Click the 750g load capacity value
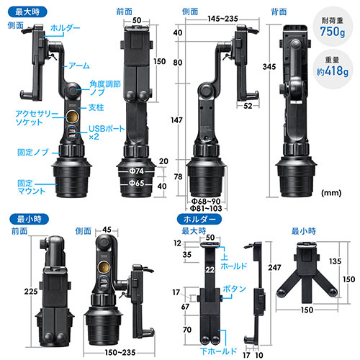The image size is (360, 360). pos(333,32)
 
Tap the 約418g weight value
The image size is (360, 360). pos(333,71)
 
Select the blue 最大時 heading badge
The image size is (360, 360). pos(27,12)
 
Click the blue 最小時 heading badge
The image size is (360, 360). pos(29,219)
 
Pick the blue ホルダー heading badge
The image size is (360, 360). pos(199,219)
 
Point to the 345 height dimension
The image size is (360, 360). pos(269,67)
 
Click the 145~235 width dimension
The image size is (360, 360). pos(222,19)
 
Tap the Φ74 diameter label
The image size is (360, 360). pos(136,171)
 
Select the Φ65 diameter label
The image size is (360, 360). pos(136,184)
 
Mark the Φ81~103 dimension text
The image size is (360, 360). pos(206,208)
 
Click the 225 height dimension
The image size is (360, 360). pos(31,292)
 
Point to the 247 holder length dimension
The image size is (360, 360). pos(274,267)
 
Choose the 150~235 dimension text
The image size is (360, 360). pos(120,353)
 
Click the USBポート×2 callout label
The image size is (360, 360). pos(107,132)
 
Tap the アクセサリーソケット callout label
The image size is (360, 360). pos(37,118)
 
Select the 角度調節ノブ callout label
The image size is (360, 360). pos(105,88)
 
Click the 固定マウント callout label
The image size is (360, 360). pos(31,187)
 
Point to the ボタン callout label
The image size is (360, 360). pos(234,289)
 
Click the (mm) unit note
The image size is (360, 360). pos(331,192)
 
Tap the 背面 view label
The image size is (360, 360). pos(279,12)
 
